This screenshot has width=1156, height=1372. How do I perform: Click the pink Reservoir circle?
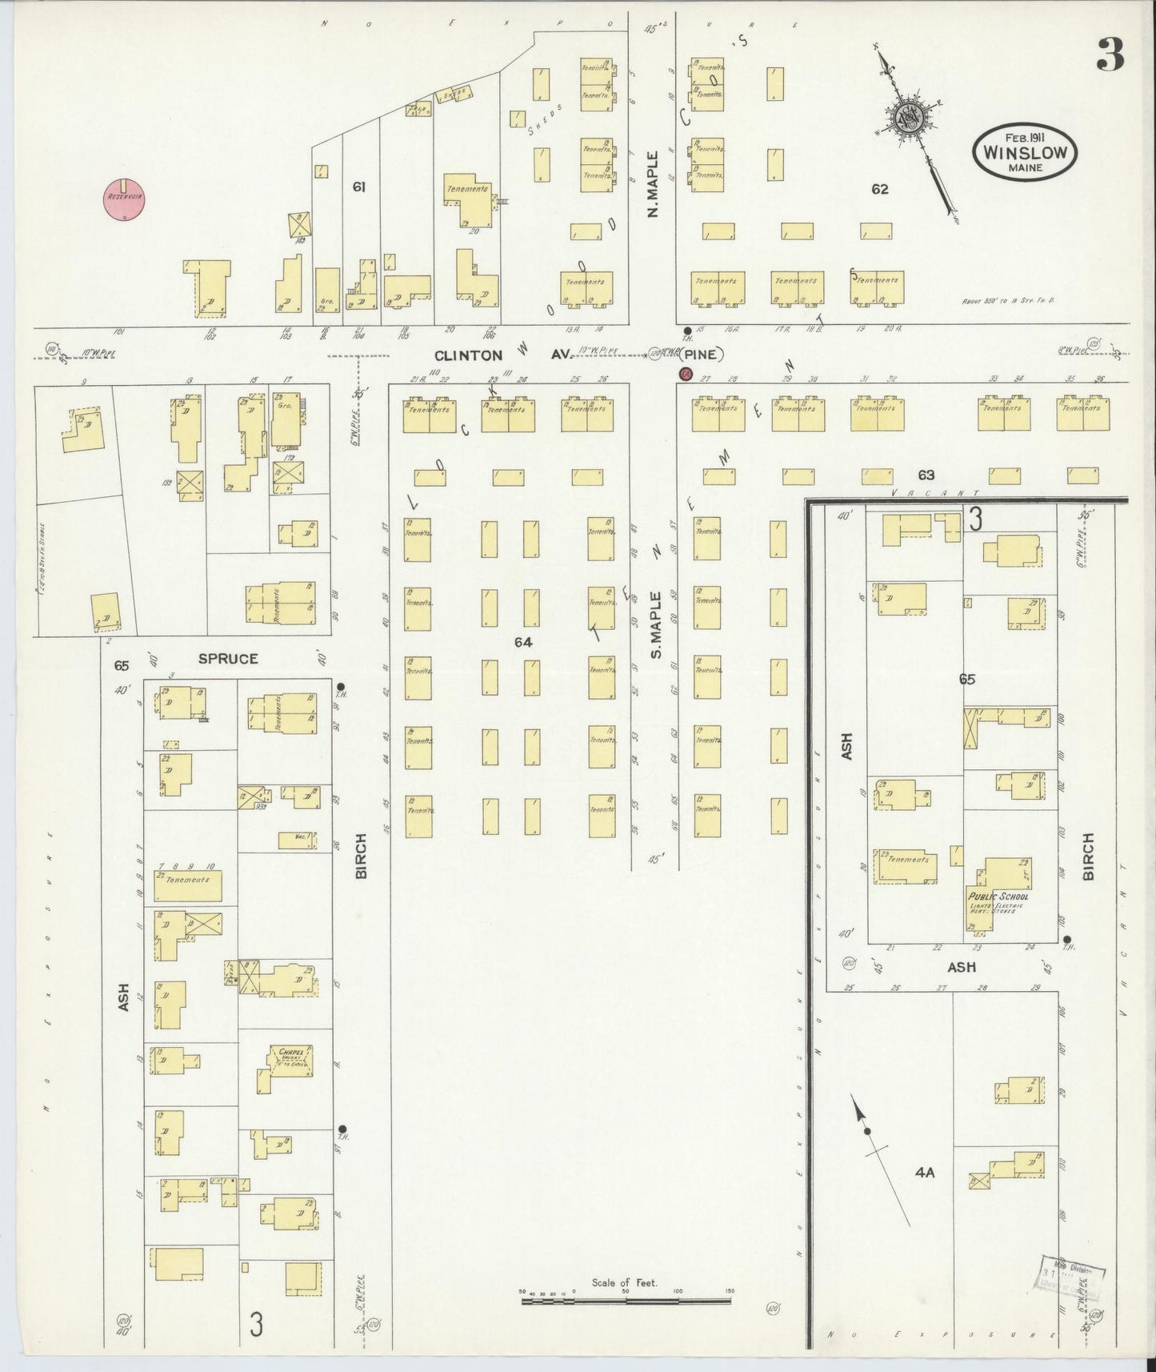(124, 197)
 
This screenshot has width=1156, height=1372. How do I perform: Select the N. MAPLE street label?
(652, 185)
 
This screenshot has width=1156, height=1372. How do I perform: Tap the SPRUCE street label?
(228, 659)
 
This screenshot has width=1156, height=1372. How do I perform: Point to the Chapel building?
(286, 1065)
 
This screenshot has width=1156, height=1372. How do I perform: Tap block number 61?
(359, 187)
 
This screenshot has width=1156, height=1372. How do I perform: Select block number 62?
(880, 190)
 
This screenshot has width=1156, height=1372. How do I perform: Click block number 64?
(523, 641)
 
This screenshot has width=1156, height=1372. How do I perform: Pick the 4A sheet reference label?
(925, 1173)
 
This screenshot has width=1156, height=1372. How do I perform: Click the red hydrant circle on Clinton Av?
(685, 373)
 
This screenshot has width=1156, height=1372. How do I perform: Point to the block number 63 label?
(926, 475)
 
